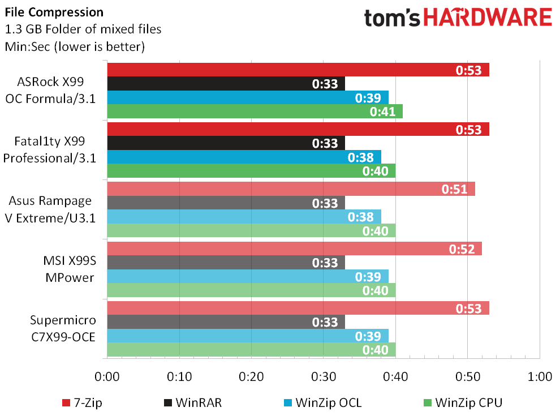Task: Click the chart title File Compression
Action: pyautogui.click(x=54, y=12)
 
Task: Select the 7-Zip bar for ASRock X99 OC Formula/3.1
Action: pyautogui.click(x=298, y=70)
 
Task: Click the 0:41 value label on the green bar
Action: pyautogui.click(x=382, y=112)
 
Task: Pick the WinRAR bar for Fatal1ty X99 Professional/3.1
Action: pyautogui.click(x=226, y=143)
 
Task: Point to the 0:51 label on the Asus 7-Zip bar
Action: pyautogui.click(x=454, y=188)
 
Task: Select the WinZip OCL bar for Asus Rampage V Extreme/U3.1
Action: pyautogui.click(x=244, y=217)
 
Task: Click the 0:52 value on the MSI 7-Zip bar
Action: pyautogui.click(x=462, y=249)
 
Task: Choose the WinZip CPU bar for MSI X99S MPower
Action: pyautogui.click(x=251, y=290)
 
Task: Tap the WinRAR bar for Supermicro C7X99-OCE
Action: pyautogui.click(x=226, y=322)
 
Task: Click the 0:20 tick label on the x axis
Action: pyautogui.click(x=251, y=376)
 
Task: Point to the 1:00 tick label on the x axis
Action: pyautogui.click(x=540, y=376)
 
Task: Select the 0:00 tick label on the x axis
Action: pyautogui.click(x=107, y=376)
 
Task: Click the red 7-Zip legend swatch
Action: pyautogui.click(x=66, y=403)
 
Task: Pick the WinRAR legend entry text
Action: pyautogui.click(x=199, y=403)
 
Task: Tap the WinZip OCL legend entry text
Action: pyautogui.click(x=329, y=403)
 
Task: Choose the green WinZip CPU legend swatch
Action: pyautogui.click(x=427, y=403)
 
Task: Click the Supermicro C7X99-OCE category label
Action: pyautogui.click(x=63, y=328)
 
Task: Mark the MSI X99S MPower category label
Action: pyautogui.click(x=70, y=269)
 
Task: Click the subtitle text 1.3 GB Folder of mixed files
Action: pyautogui.click(x=83, y=29)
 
